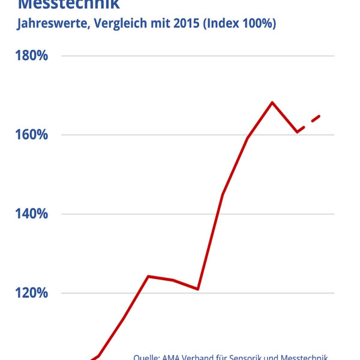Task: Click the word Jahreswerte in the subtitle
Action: pyautogui.click(x=51, y=25)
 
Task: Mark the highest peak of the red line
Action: pyautogui.click(x=272, y=103)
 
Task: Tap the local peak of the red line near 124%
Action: pyautogui.click(x=148, y=277)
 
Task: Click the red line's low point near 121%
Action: pyautogui.click(x=197, y=289)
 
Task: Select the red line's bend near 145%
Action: pyautogui.click(x=223, y=194)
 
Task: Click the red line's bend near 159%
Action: pyautogui.click(x=248, y=138)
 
